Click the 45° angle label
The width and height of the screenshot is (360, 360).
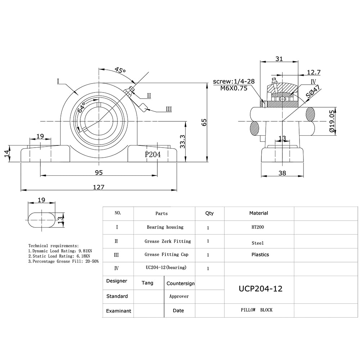point(120,70)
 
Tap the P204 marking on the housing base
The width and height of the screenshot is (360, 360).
point(153,154)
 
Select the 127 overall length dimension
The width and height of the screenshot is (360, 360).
point(99,187)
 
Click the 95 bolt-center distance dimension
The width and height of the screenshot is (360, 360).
point(99,172)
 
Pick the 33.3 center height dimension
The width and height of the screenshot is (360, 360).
point(182,141)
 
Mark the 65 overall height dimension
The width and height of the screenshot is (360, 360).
point(204,122)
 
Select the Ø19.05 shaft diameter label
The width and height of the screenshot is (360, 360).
point(332,122)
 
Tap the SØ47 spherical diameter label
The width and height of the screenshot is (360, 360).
point(313,93)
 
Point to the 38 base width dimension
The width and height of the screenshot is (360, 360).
point(282,173)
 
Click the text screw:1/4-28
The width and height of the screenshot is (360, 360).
point(234,81)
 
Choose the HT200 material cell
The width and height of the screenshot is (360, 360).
point(258,228)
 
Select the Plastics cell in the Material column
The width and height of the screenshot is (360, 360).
point(260,255)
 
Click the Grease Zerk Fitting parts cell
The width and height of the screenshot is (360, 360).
point(168,241)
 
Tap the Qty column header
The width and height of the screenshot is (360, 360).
point(209,213)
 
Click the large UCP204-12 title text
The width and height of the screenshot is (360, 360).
point(261,289)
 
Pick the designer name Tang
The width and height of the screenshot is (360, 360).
point(147,283)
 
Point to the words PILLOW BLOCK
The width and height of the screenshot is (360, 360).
point(257,310)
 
